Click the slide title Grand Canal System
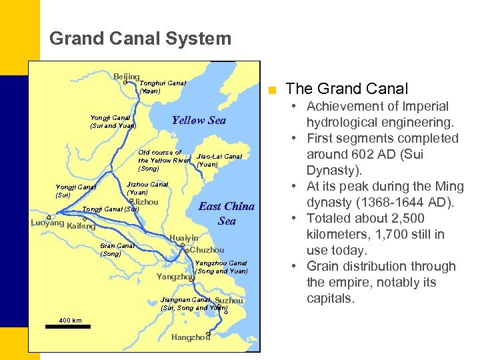(x=140, y=39)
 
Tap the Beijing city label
(x=126, y=77)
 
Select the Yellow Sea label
(x=199, y=120)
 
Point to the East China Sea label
(x=226, y=213)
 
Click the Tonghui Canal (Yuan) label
(x=162, y=87)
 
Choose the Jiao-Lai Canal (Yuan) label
(x=219, y=160)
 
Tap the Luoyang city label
(x=48, y=223)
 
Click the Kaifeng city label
(x=82, y=227)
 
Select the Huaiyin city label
(x=184, y=237)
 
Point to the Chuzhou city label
(x=207, y=250)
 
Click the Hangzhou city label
(x=191, y=337)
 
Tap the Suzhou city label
(x=229, y=301)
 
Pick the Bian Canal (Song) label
(x=117, y=249)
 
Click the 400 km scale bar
(x=70, y=325)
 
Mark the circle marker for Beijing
(x=125, y=83)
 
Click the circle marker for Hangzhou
(x=209, y=333)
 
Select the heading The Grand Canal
(x=347, y=89)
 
